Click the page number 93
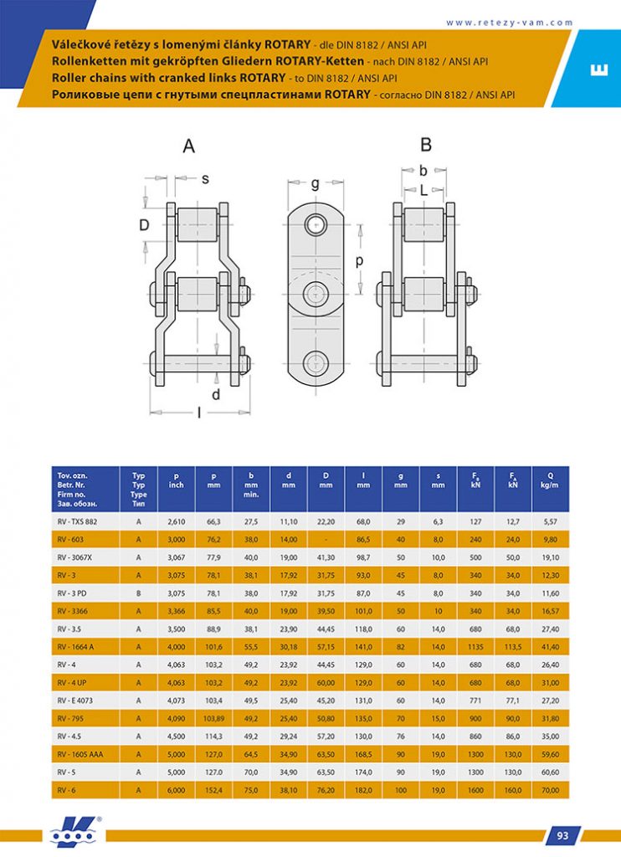(563, 834)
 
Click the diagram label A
(189, 146)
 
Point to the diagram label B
(426, 145)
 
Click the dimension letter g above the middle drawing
(316, 183)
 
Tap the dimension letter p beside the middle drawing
(359, 260)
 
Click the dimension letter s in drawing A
(205, 178)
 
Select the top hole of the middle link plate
(316, 223)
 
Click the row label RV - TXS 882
(77, 521)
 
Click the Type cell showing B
(139, 592)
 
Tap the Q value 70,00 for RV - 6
(550, 790)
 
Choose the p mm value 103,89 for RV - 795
(213, 720)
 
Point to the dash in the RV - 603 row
(326, 539)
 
